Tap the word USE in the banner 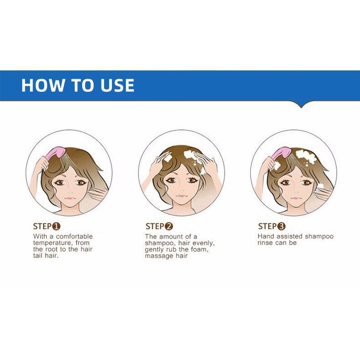(x=118, y=85)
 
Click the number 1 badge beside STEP (x=56, y=227)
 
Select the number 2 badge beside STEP (x=169, y=227)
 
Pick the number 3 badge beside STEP (x=281, y=227)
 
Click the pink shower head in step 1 (x=56, y=153)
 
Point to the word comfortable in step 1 (x=74, y=236)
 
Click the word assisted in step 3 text (x=289, y=236)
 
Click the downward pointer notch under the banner (x=301, y=105)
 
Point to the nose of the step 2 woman (x=181, y=190)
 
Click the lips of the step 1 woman (x=70, y=198)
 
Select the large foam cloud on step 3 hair (x=305, y=157)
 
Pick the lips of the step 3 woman (x=296, y=198)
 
